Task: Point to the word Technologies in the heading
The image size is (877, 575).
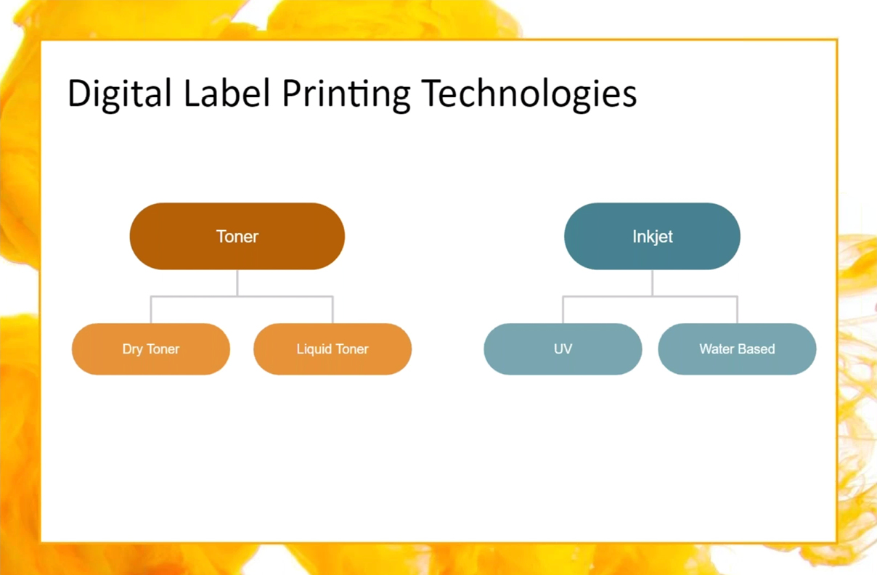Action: coord(529,94)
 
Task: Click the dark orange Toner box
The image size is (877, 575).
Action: coord(237,236)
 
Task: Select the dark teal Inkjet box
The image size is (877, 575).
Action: coord(652,236)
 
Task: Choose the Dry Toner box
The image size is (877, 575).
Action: coord(151,349)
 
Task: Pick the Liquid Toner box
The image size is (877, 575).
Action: coord(333,349)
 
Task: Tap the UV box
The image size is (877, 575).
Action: coord(563,349)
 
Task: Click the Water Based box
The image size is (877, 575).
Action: coord(737,349)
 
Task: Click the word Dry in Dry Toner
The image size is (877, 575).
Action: coord(132,349)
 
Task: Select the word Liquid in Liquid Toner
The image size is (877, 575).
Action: coord(314,349)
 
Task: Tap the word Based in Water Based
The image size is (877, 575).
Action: coord(758,349)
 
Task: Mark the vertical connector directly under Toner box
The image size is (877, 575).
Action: coord(237,283)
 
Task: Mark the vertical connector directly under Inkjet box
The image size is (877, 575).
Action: coord(652,283)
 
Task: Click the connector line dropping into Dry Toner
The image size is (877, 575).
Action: coord(151,310)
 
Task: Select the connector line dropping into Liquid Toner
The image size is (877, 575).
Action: coord(333,310)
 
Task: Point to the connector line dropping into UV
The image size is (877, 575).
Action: coord(563,310)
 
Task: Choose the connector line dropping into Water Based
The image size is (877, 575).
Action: coord(737,310)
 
